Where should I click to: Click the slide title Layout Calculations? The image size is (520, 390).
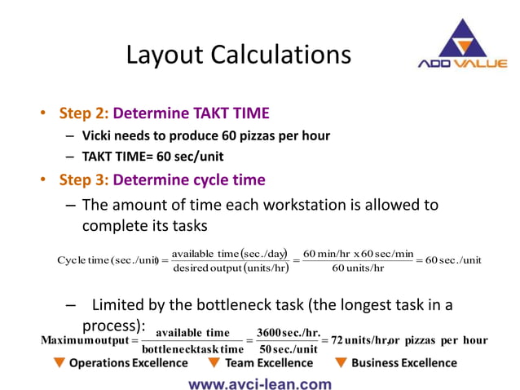click(238, 55)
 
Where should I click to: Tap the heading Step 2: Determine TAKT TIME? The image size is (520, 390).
click(164, 113)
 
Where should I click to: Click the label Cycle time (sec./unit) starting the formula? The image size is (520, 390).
click(107, 260)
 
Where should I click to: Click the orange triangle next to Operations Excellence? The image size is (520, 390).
click(59, 363)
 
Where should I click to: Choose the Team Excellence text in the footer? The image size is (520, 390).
click(268, 363)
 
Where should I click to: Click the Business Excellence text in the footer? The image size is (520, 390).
click(404, 363)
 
